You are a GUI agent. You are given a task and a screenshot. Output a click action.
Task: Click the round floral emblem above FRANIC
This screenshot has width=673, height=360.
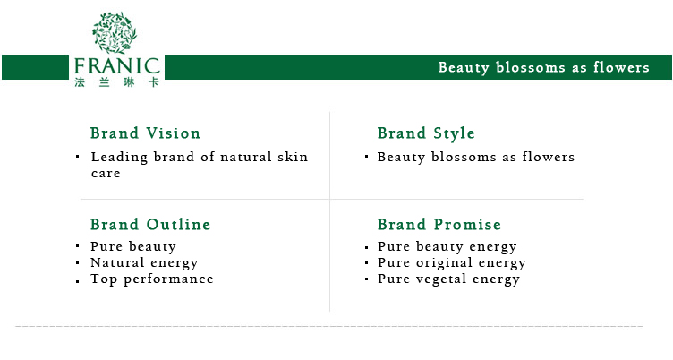coord(115,32)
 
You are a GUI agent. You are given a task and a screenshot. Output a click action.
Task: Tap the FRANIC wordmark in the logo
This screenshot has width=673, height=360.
coord(116,66)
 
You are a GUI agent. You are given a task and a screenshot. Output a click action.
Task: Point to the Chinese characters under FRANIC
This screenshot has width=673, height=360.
coord(116,82)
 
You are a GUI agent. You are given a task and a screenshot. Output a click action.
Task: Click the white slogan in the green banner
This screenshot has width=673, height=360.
coord(544,67)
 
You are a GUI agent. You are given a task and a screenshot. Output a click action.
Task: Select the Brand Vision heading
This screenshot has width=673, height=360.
coord(145,133)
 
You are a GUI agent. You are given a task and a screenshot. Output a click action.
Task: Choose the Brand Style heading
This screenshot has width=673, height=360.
coord(426,133)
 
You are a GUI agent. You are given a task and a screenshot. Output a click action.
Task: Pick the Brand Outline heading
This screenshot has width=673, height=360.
coord(150,224)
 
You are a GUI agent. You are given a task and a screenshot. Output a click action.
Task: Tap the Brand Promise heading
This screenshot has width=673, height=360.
coord(439,224)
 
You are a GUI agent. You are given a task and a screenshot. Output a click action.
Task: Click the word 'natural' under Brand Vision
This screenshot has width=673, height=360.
coord(246,157)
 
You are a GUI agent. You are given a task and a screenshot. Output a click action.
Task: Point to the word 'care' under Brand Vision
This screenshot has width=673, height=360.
coord(106,174)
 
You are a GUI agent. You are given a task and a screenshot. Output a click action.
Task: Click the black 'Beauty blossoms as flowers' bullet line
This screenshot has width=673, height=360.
coord(475,158)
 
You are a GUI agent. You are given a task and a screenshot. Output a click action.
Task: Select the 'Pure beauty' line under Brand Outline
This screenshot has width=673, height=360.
coord(133,247)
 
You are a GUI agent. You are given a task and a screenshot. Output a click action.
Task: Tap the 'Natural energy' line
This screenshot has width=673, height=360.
coord(144,263)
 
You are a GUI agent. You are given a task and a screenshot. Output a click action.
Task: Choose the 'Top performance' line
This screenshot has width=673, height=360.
coord(152,279)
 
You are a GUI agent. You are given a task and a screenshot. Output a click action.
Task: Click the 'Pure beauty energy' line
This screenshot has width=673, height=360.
coord(447,247)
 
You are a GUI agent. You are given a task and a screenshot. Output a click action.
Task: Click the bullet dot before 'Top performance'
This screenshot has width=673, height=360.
coord(78,281)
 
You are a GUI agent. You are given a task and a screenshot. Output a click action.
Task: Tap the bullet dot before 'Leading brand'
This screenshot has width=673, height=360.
coord(78,157)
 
